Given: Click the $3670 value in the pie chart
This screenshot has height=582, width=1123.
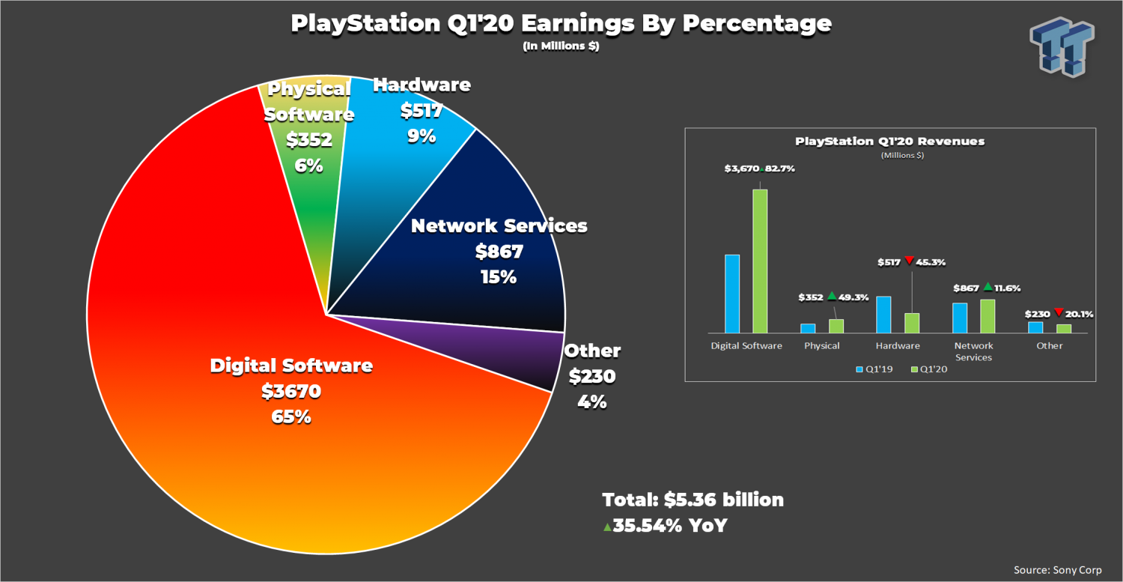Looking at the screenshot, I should (291, 391).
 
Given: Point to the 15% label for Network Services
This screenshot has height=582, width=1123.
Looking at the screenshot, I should (499, 276).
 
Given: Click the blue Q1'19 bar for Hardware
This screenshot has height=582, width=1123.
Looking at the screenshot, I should (883, 315).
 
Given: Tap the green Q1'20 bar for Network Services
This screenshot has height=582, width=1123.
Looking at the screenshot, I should (987, 316).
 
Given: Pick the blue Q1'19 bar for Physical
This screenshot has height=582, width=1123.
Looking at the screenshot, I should (808, 328).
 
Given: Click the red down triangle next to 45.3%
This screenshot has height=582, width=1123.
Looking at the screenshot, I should (909, 261).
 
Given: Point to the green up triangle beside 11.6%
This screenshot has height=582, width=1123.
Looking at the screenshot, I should (987, 286).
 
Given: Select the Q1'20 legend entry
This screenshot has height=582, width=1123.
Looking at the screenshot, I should (928, 369).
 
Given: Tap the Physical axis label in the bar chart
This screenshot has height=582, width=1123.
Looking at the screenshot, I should (822, 346).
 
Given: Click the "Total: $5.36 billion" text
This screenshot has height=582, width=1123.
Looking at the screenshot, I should (693, 500).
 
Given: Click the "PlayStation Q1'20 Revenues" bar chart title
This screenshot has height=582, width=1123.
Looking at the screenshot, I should (889, 141).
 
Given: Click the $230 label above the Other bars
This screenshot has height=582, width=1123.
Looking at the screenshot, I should (1038, 314).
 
